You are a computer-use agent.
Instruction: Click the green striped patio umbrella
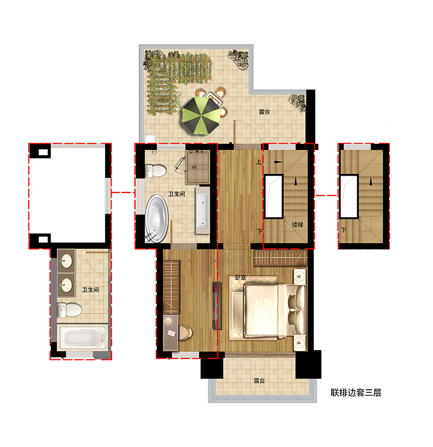(201, 115)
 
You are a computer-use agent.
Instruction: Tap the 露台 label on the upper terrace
(264, 112)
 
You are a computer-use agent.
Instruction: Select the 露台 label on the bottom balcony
(259, 381)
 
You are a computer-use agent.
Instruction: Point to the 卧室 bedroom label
(241, 277)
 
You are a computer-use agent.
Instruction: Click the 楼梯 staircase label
(298, 225)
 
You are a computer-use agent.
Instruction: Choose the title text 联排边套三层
(356, 392)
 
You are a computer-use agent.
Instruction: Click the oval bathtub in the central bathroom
(156, 219)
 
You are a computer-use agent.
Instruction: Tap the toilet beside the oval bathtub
(155, 171)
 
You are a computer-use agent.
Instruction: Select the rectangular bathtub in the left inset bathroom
(82, 337)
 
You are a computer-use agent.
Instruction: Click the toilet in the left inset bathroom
(69, 310)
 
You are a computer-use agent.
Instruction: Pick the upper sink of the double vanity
(66, 261)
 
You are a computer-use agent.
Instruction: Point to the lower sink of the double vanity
(66, 285)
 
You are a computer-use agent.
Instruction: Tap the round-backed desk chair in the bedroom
(185, 332)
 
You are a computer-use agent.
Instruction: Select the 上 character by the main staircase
(258, 162)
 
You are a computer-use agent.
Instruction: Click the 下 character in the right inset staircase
(343, 230)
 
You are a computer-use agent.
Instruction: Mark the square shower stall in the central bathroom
(198, 168)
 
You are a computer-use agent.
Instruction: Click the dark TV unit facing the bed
(217, 305)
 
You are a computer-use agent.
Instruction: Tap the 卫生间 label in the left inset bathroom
(90, 290)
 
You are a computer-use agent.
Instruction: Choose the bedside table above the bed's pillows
(299, 276)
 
